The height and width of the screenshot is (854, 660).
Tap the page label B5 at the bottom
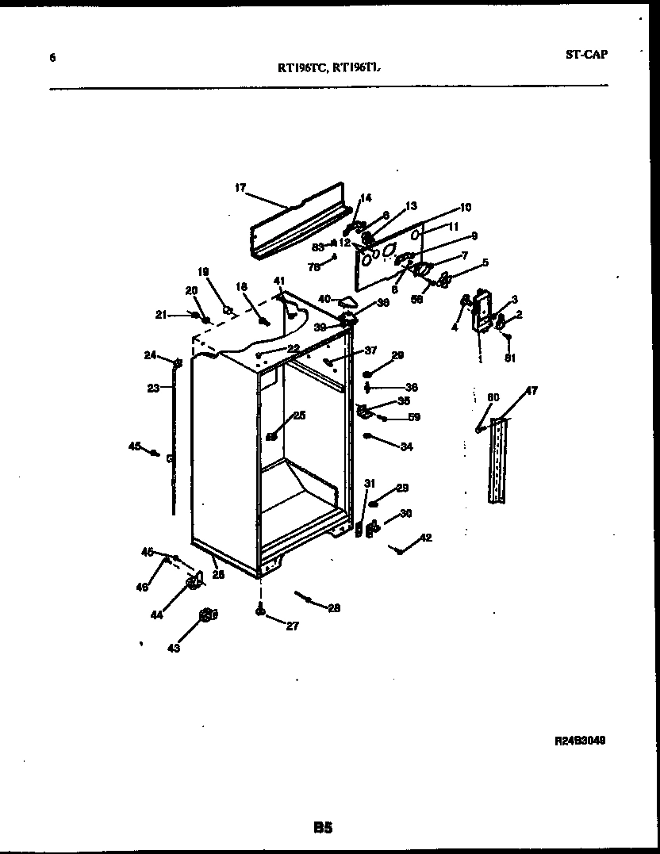coord(322,828)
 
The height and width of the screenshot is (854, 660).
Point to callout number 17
coord(240,188)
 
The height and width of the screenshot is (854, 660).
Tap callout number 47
coord(531,391)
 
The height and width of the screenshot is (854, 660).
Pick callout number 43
coord(173,648)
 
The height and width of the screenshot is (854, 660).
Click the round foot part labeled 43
coord(207,614)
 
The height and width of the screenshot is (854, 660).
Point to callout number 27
coord(292,626)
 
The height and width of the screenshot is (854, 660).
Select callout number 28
coord(333,608)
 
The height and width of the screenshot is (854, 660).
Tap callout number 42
coord(426,538)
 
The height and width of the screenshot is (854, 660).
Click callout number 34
coord(406,447)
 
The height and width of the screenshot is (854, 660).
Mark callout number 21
coord(161,315)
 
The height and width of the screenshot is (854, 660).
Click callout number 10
coord(465,208)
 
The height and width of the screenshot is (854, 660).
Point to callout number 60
coord(493,396)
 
